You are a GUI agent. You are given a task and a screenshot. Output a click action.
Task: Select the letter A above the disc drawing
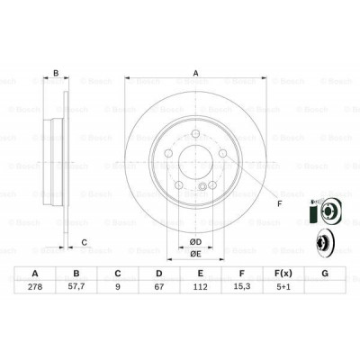[x=194, y=75]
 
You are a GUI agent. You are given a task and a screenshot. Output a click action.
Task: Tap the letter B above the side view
[x=57, y=75]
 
